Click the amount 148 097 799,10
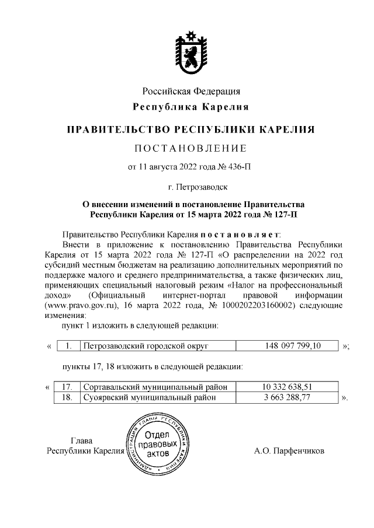[x=288, y=347]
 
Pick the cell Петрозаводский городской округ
[x=146, y=347]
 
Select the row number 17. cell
[x=66, y=387]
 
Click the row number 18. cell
[x=66, y=397]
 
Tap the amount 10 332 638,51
[x=288, y=387]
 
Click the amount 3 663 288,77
[x=288, y=397]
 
